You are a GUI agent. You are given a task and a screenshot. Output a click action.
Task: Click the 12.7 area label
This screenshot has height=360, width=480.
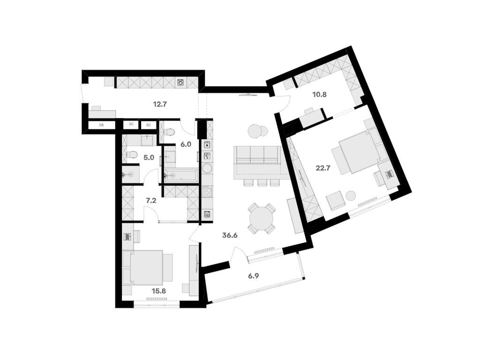(160, 104)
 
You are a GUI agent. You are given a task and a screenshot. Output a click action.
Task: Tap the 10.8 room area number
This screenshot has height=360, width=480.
(319, 94)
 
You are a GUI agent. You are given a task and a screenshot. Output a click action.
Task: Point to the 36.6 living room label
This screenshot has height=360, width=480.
(230, 235)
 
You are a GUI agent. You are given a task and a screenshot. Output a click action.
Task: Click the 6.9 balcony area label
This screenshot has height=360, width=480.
(254, 276)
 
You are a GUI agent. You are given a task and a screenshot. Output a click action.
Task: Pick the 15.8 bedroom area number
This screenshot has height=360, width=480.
(158, 291)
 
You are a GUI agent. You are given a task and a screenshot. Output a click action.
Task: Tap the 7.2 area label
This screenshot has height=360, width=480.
(150, 201)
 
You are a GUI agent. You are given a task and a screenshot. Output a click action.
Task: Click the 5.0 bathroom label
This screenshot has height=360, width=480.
(149, 157)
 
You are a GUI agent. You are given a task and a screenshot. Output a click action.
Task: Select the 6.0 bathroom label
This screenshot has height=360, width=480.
(186, 144)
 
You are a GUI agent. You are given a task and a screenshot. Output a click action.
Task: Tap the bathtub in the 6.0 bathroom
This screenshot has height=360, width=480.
(181, 175)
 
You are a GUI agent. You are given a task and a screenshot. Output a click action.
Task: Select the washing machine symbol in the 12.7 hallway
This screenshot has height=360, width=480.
(181, 83)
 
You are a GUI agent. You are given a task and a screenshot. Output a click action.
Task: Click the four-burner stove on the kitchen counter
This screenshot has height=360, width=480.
(207, 192)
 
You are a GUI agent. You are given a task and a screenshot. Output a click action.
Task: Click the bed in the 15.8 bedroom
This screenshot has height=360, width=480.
(146, 267)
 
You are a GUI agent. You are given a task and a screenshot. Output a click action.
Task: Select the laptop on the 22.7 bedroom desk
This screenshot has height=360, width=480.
(389, 174)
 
